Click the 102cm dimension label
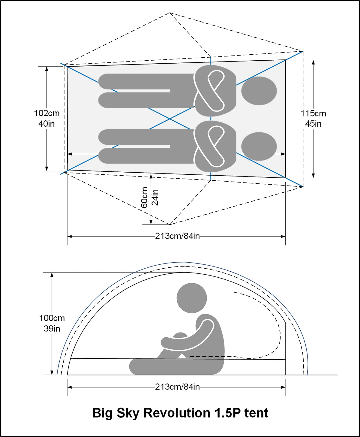pyautogui.click(x=46, y=113)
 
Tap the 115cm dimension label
pyautogui.click(x=313, y=113)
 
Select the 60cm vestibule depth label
pyautogui.click(x=144, y=197)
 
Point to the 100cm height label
pyautogui.click(x=52, y=318)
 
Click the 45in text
pyautogui.click(x=313, y=124)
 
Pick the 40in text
pyautogui.click(x=46, y=124)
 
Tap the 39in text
pyautogui.click(x=52, y=329)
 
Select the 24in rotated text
pyautogui.click(x=155, y=197)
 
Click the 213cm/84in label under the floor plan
pyautogui.click(x=177, y=236)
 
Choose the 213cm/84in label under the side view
pyautogui.click(x=177, y=387)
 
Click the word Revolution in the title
pyautogui.click(x=177, y=413)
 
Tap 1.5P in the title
pyautogui.click(x=228, y=413)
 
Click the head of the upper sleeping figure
pyautogui.click(x=259, y=91)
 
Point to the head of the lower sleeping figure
pyautogui.click(x=259, y=146)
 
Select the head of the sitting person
pyautogui.click(x=192, y=298)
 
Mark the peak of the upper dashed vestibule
pyautogui.click(x=169, y=13)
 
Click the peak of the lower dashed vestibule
pyautogui.click(x=170, y=225)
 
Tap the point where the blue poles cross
pyautogui.click(x=169, y=119)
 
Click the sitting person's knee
pyautogui.click(x=180, y=336)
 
